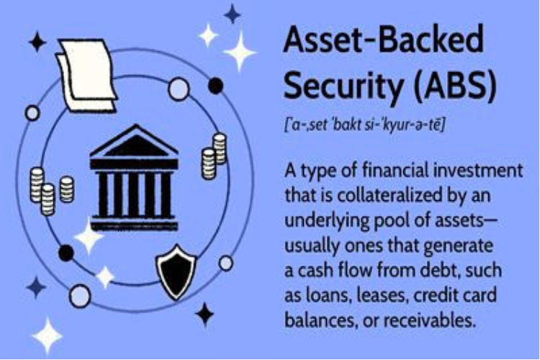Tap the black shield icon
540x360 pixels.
click(x=176, y=272)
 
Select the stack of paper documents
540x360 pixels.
click(x=87, y=75)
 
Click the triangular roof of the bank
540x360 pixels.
click(x=134, y=141)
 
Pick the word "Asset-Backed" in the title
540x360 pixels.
click(x=383, y=40)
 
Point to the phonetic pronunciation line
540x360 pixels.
click(x=364, y=125)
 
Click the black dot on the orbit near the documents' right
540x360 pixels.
click(x=215, y=86)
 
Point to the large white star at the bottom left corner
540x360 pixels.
click(x=47, y=336)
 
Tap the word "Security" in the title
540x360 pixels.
click(x=343, y=86)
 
